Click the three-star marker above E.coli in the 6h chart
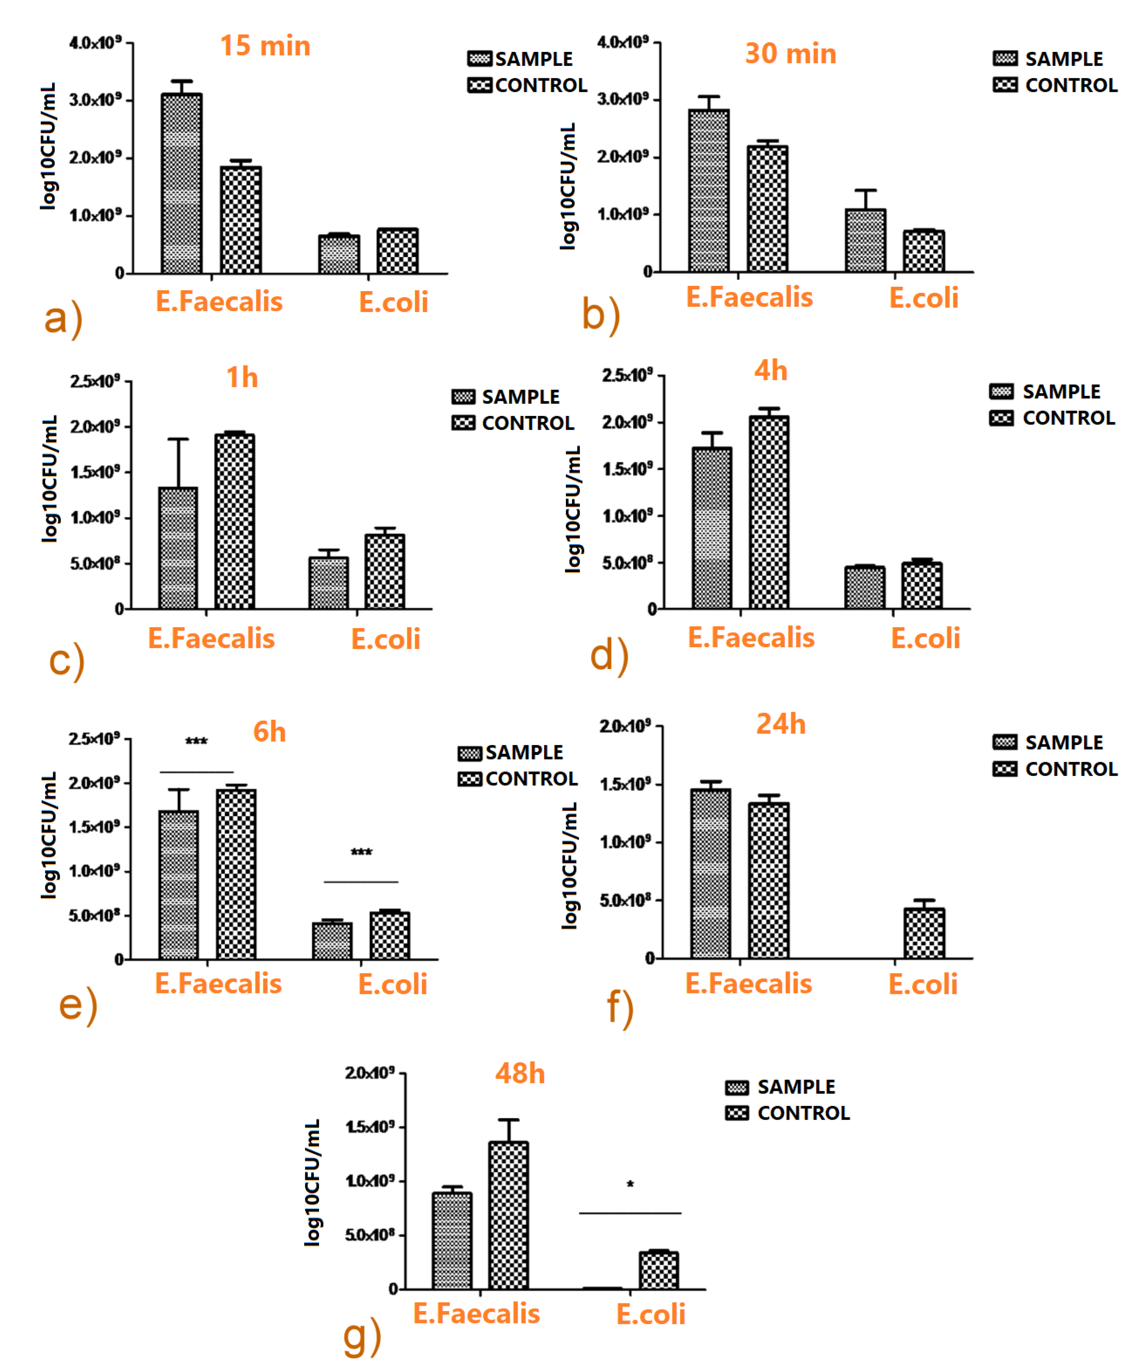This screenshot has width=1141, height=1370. pos(361,852)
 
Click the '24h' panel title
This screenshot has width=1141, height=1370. pos(780,724)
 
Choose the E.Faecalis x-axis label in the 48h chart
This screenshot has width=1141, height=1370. pos(477,1313)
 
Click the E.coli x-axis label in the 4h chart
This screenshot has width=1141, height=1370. pos(925,638)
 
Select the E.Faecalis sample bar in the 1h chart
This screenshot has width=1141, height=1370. pos(178,548)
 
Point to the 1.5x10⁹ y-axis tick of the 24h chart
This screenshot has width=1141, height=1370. pos(624,784)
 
